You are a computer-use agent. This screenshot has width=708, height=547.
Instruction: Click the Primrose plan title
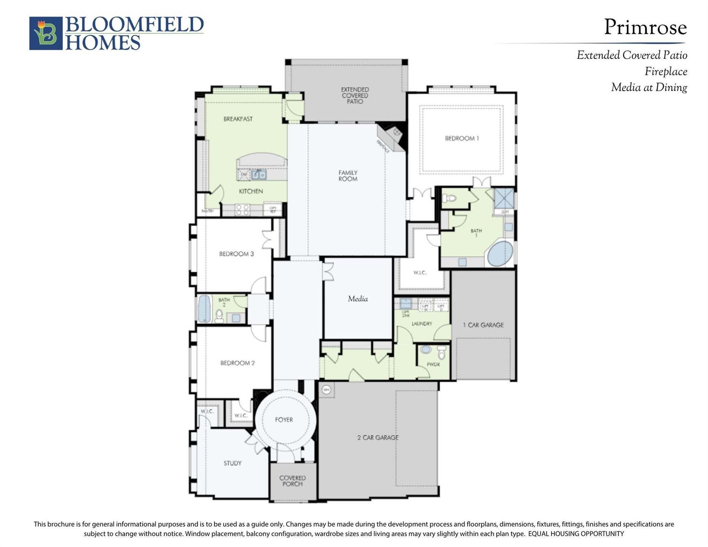645,27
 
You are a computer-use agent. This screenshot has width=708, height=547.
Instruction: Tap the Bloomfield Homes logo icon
46,33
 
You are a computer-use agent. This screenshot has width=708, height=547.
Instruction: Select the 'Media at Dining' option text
649,88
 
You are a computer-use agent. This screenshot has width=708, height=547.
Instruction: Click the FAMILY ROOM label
348,175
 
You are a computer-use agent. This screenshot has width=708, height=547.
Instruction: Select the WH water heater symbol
326,390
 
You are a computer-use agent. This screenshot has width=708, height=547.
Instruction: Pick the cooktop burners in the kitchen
242,210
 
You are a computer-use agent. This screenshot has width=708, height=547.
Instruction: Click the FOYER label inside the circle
284,420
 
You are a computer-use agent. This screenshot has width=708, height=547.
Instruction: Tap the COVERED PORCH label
292,481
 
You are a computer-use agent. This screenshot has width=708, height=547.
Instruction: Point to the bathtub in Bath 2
204,309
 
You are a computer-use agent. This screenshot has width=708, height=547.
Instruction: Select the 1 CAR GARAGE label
483,325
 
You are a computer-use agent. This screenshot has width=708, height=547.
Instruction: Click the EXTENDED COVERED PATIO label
354,95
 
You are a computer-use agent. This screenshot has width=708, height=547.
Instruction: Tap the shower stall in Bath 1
504,198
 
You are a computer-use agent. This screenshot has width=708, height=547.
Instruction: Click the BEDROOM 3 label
236,254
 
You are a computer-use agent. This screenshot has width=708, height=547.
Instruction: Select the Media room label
358,299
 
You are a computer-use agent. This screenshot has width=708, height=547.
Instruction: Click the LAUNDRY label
422,324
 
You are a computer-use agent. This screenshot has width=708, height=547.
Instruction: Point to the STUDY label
232,463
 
